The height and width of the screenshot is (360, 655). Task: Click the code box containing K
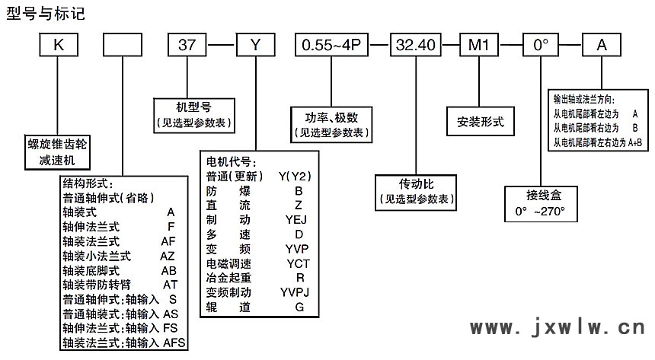[x=58, y=46]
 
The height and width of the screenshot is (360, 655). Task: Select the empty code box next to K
[x=121, y=46]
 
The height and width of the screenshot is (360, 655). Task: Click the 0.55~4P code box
[x=333, y=46]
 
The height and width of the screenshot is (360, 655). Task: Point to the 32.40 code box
[x=417, y=46]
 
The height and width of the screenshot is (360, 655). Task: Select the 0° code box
[x=541, y=46]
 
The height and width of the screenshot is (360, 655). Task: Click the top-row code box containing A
[x=602, y=46]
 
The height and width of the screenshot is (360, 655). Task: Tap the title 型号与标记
[x=46, y=13]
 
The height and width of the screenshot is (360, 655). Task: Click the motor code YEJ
[x=299, y=219]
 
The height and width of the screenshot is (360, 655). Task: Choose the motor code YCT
[x=299, y=263]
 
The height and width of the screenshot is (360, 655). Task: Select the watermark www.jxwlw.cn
[x=557, y=327]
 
